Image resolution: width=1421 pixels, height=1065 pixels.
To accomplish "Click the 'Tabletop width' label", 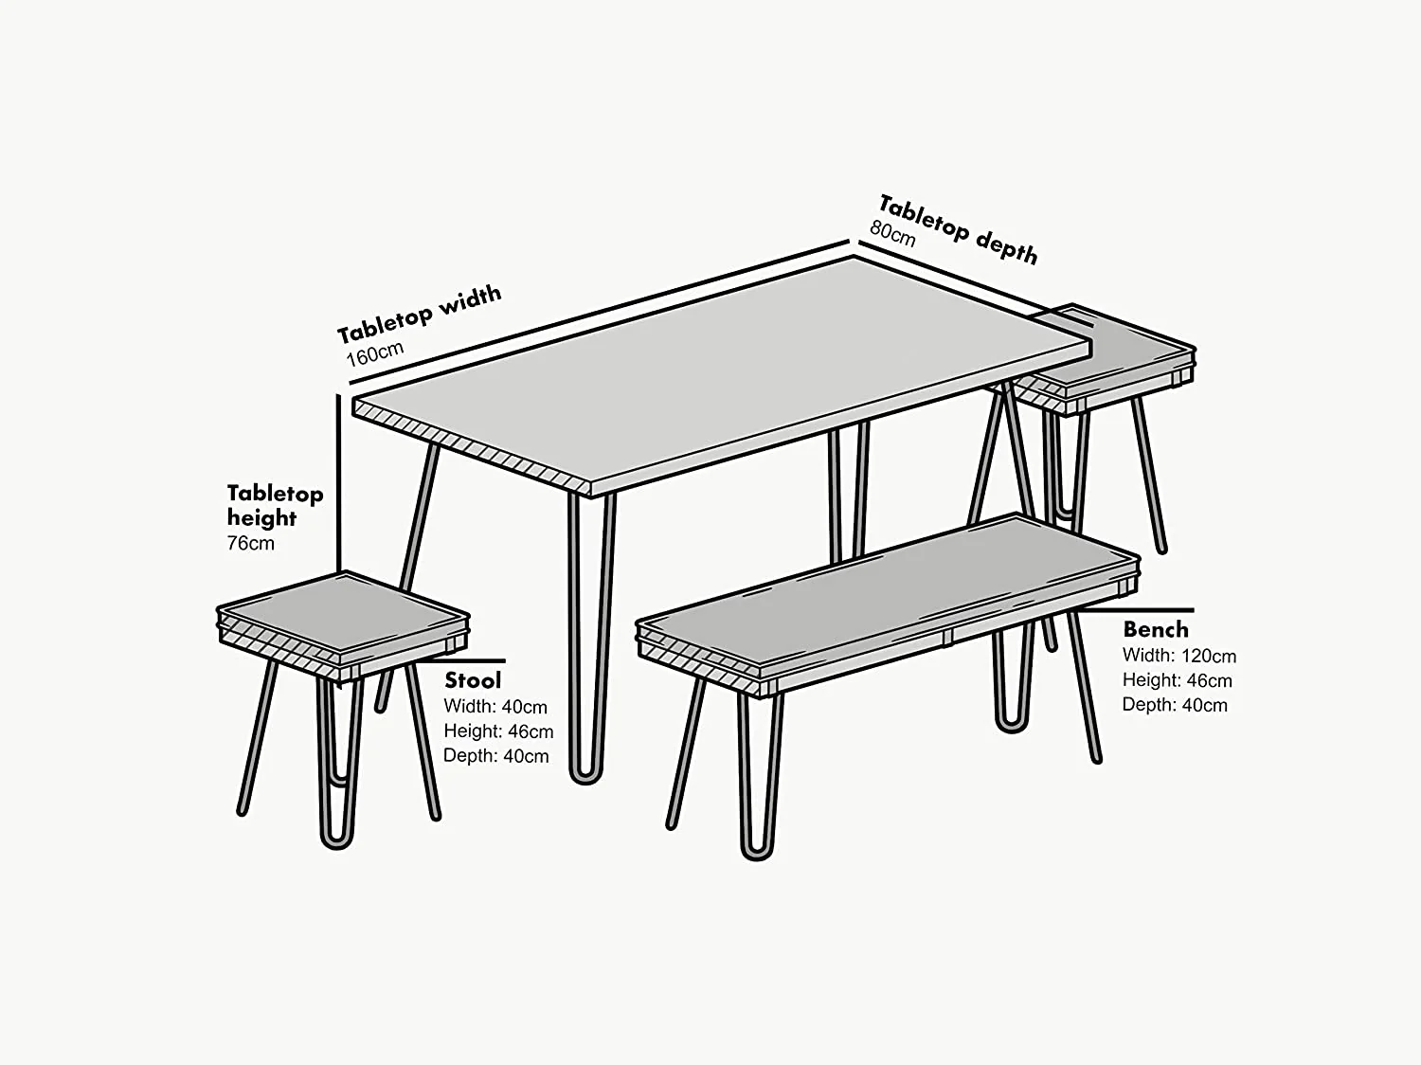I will (419, 313).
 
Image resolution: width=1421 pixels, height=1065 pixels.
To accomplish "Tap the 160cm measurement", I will (375, 353).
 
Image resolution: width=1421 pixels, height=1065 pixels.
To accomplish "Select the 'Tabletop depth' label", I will (958, 229).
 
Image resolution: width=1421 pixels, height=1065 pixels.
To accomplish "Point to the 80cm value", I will (892, 233).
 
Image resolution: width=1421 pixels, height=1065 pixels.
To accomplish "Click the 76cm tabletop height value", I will (250, 543).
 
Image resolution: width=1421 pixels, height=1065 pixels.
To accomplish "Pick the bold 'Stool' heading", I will (473, 680).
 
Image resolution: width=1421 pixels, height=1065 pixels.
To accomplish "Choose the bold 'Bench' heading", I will (1155, 629).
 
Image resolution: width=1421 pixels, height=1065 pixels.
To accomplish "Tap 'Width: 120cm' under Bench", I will (1178, 656).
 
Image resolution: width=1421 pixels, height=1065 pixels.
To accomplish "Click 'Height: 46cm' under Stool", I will (498, 731).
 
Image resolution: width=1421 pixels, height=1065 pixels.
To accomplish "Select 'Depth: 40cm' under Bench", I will (1175, 705).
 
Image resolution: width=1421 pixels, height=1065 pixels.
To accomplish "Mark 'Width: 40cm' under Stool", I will (495, 707).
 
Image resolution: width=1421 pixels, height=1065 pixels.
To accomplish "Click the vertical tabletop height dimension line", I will (338, 483).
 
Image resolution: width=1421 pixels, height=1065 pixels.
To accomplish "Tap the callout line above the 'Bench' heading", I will (1137, 610).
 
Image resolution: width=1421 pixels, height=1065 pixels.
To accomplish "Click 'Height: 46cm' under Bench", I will (1177, 680).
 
